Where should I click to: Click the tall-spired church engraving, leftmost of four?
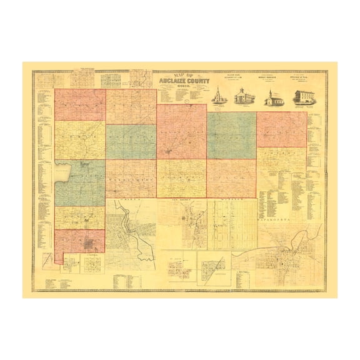tap(219, 96)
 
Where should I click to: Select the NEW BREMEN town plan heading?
tap(182, 201)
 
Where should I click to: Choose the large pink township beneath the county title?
tap(181, 131)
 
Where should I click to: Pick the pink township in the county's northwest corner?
tap(79, 104)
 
